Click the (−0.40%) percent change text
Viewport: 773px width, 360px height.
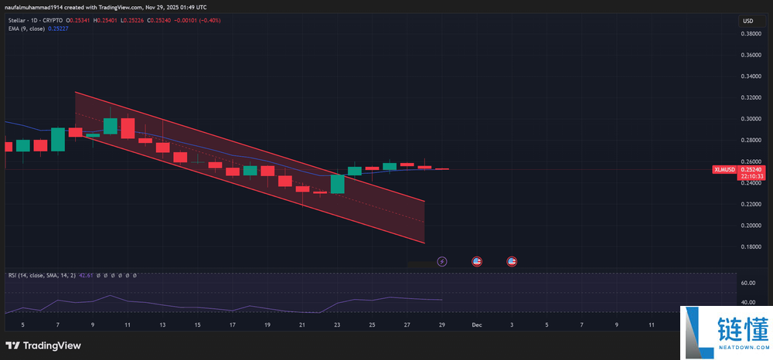click(209, 20)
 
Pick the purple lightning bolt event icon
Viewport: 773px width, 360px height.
click(442, 262)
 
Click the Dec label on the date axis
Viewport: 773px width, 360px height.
click(477, 325)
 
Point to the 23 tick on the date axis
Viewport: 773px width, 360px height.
click(337, 325)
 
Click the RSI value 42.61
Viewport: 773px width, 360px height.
click(85, 275)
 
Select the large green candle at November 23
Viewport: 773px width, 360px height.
click(337, 184)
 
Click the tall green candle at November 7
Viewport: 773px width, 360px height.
click(58, 139)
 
